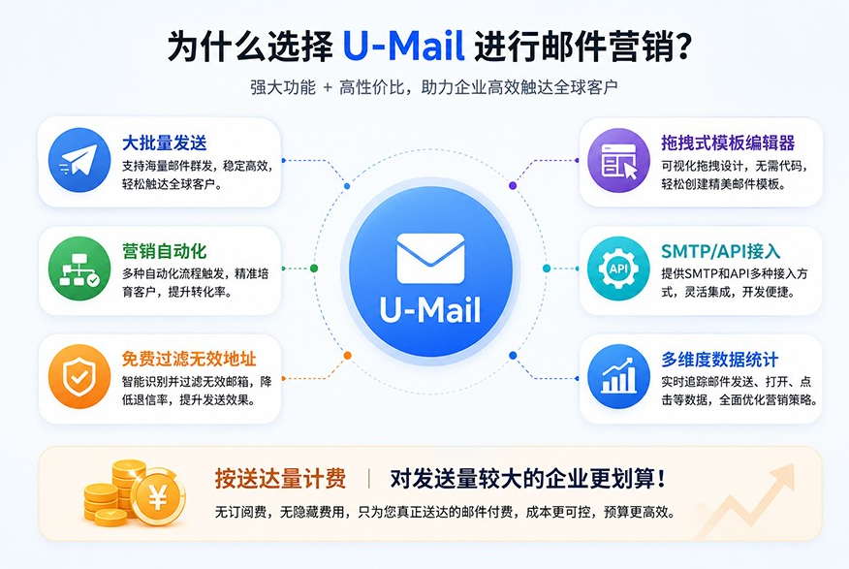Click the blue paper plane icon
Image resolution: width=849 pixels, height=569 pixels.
point(79,160)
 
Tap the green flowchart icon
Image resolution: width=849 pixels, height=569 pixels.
point(79,269)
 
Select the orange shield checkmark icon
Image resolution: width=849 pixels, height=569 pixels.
point(79,377)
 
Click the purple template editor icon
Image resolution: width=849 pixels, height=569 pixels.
point(619,160)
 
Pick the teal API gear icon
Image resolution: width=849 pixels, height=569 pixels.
point(619,269)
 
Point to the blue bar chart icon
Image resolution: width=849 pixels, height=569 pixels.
point(619,377)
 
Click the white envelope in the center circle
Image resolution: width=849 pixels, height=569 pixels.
point(430,258)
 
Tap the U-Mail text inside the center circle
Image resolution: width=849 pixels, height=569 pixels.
point(430,310)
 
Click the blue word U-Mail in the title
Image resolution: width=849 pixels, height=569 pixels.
point(404,46)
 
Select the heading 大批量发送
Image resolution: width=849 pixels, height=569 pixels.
point(164,142)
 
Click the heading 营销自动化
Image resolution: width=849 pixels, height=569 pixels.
point(164,251)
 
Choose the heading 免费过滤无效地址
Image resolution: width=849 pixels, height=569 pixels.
point(189,359)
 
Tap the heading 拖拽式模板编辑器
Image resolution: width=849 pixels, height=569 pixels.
point(728,142)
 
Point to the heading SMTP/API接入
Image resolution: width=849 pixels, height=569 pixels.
point(721,251)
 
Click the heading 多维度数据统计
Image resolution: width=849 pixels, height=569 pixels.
point(719,359)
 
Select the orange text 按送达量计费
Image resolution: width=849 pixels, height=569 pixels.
point(280,479)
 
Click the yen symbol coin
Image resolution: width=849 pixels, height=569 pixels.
point(158,497)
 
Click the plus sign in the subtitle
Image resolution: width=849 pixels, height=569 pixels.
point(328,87)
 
